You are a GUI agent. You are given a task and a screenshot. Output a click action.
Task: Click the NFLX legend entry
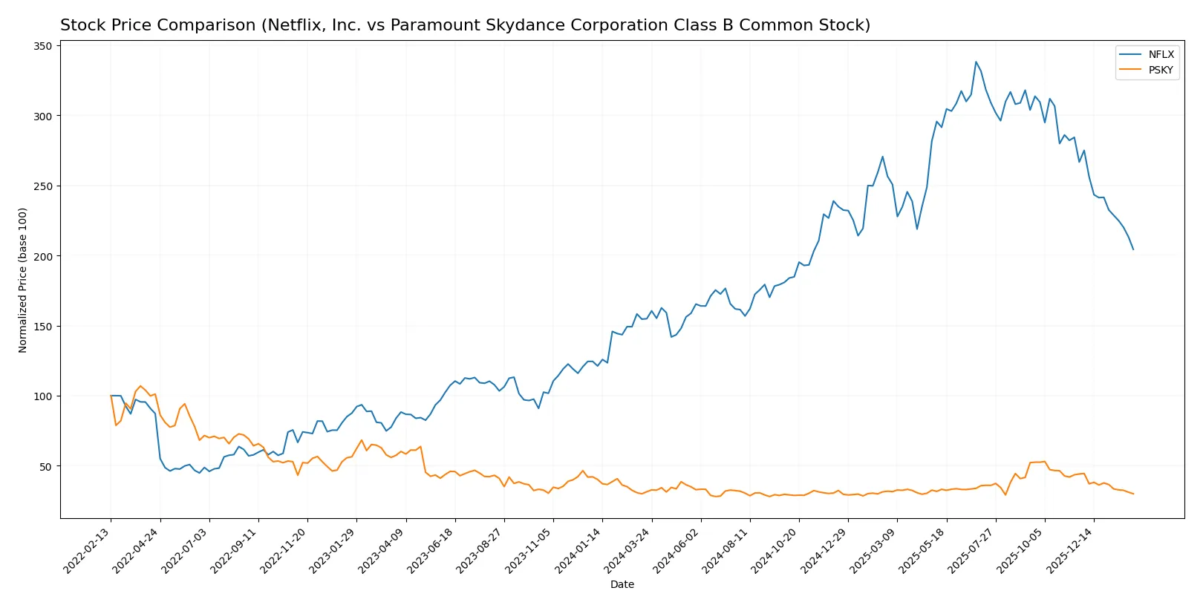click(1161, 54)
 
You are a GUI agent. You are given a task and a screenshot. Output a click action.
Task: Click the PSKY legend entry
click(1161, 70)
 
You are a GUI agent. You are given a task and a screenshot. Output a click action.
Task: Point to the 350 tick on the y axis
click(43, 46)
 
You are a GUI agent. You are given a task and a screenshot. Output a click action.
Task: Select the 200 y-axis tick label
click(43, 256)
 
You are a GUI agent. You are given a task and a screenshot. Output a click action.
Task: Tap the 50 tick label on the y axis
click(46, 466)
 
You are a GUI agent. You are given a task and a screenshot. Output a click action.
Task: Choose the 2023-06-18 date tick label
click(433, 550)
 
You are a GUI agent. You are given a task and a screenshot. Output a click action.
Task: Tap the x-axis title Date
click(622, 584)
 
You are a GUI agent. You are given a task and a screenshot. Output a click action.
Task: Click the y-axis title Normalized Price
click(23, 280)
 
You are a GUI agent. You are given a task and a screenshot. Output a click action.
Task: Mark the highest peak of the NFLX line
click(976, 62)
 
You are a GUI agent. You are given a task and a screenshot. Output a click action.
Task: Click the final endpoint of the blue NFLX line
click(1133, 249)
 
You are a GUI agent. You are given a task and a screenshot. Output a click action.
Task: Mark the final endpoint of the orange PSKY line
click(1133, 494)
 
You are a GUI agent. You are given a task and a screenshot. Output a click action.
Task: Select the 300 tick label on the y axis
click(43, 116)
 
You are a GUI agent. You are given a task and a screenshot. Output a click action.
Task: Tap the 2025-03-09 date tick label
click(876, 550)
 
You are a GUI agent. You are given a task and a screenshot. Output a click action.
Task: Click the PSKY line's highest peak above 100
click(140, 386)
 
